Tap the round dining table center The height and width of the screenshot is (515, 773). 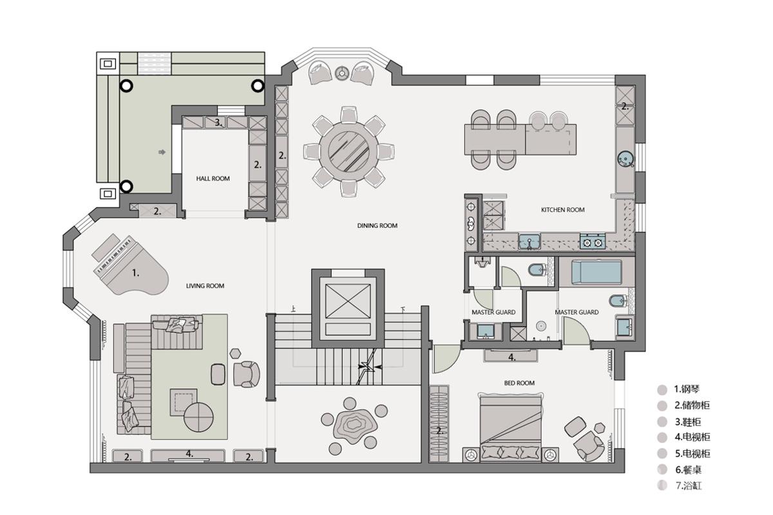tap(349, 151)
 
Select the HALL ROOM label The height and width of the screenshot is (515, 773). tap(213, 179)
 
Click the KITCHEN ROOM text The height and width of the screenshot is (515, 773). tap(562, 210)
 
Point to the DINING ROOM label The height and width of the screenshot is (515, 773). tap(377, 225)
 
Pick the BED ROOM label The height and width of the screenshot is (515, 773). tap(519, 383)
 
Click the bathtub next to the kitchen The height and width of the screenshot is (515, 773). tap(597, 272)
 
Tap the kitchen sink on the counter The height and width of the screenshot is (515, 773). tap(529, 241)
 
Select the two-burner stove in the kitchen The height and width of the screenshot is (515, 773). tap(593, 241)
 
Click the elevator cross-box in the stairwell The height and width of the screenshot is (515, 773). tap(348, 301)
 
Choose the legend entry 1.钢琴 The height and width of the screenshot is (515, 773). tap(687, 389)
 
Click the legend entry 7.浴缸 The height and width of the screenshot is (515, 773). tap(689, 485)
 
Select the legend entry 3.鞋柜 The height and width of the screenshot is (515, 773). tap(688, 422)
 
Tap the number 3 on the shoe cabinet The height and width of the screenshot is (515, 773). tap(218, 122)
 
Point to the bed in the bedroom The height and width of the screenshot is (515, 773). tap(511, 429)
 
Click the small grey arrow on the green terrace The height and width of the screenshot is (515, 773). tap(162, 152)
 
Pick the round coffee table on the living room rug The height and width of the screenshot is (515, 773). tap(198, 417)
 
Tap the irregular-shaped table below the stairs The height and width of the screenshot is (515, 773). tap(355, 427)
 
